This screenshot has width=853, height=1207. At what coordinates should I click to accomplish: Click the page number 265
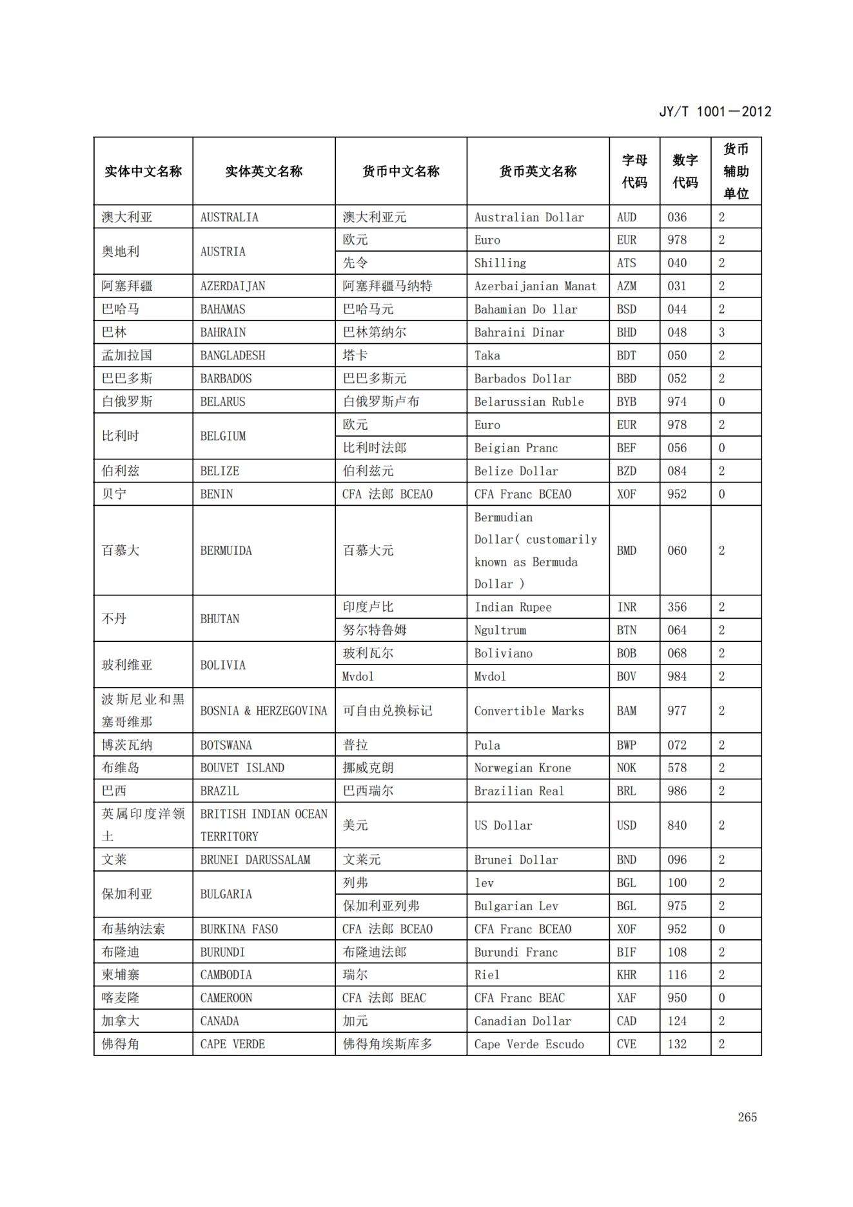pyautogui.click(x=747, y=1117)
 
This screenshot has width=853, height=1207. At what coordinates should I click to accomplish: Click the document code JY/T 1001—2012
pyautogui.click(x=714, y=112)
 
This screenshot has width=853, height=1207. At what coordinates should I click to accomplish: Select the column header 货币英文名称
pyautogui.click(x=538, y=172)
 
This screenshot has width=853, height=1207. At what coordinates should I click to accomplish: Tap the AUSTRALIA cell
pyautogui.click(x=229, y=217)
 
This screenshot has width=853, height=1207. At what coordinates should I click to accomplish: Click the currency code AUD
pyautogui.click(x=626, y=217)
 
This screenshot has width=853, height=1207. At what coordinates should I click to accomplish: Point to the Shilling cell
pyautogui.click(x=500, y=263)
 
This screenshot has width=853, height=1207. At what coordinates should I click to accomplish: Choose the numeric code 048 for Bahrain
pyautogui.click(x=677, y=332)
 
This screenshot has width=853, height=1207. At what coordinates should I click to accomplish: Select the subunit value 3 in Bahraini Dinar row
pyautogui.click(x=721, y=332)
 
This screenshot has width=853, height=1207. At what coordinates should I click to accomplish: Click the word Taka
pyautogui.click(x=487, y=355)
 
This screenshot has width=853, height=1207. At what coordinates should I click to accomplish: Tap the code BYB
pyautogui.click(x=626, y=401)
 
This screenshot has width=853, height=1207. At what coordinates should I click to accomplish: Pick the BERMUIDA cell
pyautogui.click(x=226, y=550)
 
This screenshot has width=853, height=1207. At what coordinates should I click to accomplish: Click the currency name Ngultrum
pyautogui.click(x=500, y=630)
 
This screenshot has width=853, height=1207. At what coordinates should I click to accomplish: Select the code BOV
pyautogui.click(x=626, y=676)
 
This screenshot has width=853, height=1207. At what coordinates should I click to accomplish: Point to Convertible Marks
pyautogui.click(x=529, y=711)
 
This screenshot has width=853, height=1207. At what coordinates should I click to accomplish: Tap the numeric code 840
pyautogui.click(x=677, y=825)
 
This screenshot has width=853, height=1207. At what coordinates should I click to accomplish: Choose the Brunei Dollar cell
pyautogui.click(x=516, y=860)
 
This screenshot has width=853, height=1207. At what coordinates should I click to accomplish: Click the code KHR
pyautogui.click(x=626, y=975)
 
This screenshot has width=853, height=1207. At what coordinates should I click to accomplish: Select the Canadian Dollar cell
pyautogui.click(x=522, y=1021)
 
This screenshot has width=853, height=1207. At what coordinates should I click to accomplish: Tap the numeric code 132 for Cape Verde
pyautogui.click(x=677, y=1044)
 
